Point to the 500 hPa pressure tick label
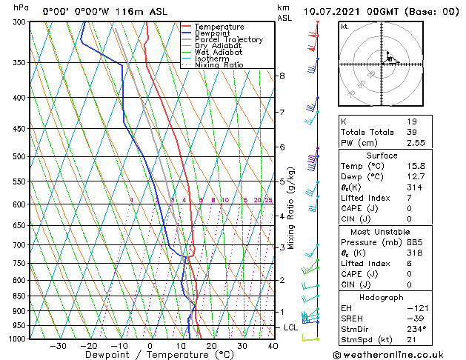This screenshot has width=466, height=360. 20,157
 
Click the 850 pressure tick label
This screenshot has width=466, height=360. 20,296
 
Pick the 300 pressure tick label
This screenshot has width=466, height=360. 20,22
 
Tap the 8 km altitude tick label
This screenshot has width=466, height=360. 282,76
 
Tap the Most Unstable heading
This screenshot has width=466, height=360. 381,232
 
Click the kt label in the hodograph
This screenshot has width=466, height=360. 344,27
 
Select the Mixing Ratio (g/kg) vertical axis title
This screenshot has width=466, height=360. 291,208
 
